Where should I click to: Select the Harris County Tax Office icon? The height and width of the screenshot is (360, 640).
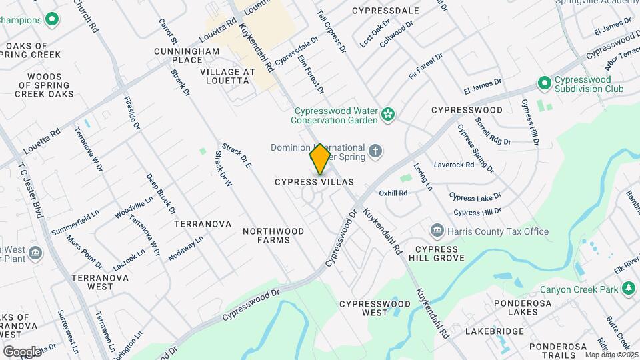point(437,231)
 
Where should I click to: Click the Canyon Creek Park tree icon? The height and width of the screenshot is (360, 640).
point(628,289)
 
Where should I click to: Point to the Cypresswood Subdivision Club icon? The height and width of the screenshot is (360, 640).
point(544,83)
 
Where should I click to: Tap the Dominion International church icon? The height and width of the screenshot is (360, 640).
point(375,151)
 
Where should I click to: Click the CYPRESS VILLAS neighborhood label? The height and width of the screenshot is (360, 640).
point(314,182)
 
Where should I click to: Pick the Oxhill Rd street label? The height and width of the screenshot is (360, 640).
point(393,193)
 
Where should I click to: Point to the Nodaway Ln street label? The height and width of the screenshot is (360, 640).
point(185,247)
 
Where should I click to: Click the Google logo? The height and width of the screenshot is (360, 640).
point(22,351)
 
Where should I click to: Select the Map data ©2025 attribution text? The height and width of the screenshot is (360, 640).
point(611,354)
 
